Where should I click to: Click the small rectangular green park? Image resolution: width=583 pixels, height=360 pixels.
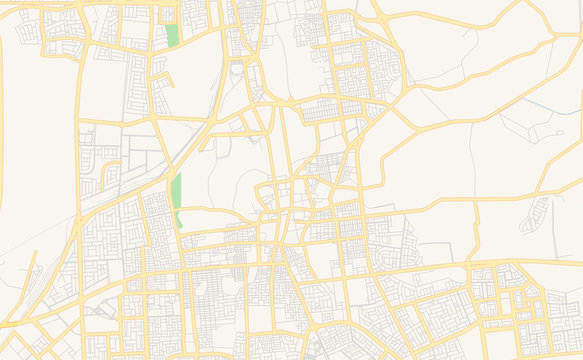click(x=172, y=35)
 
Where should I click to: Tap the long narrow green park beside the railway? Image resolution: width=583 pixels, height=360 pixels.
click(x=177, y=192)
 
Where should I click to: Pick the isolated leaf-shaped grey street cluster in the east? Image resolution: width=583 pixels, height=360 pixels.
click(x=538, y=213)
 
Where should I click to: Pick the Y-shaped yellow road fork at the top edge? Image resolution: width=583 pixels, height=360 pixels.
click(x=380, y=14)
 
